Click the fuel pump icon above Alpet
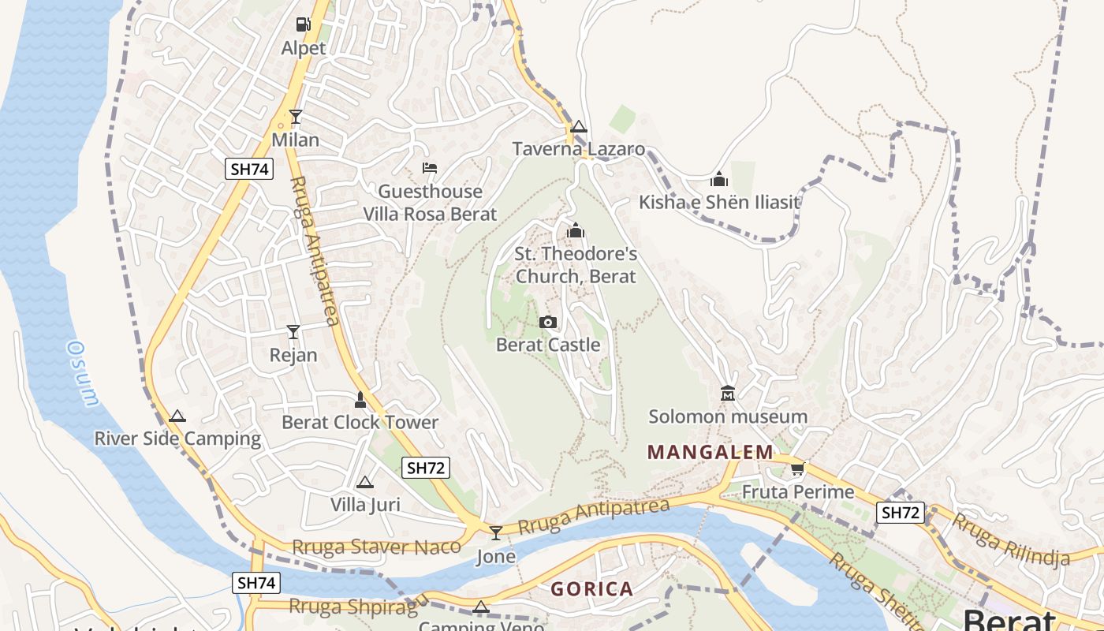[x=303, y=24]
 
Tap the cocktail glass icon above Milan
[x=296, y=117]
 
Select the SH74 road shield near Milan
[x=249, y=168]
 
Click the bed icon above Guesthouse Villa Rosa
[x=430, y=168]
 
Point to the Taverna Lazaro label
[x=579, y=149]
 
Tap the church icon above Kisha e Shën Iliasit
[x=718, y=179]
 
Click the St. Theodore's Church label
[x=576, y=265]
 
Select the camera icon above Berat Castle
[x=548, y=322]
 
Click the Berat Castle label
[x=548, y=345]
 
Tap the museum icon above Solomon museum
[x=728, y=393]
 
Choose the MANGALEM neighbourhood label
[x=711, y=452]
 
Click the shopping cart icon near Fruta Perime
[x=798, y=469]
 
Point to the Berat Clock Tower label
[x=360, y=422]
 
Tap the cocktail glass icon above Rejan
[x=293, y=331]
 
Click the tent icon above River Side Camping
[x=177, y=416]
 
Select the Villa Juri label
[x=365, y=504]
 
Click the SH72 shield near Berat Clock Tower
[x=426, y=468]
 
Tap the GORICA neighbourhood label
[x=592, y=588]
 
